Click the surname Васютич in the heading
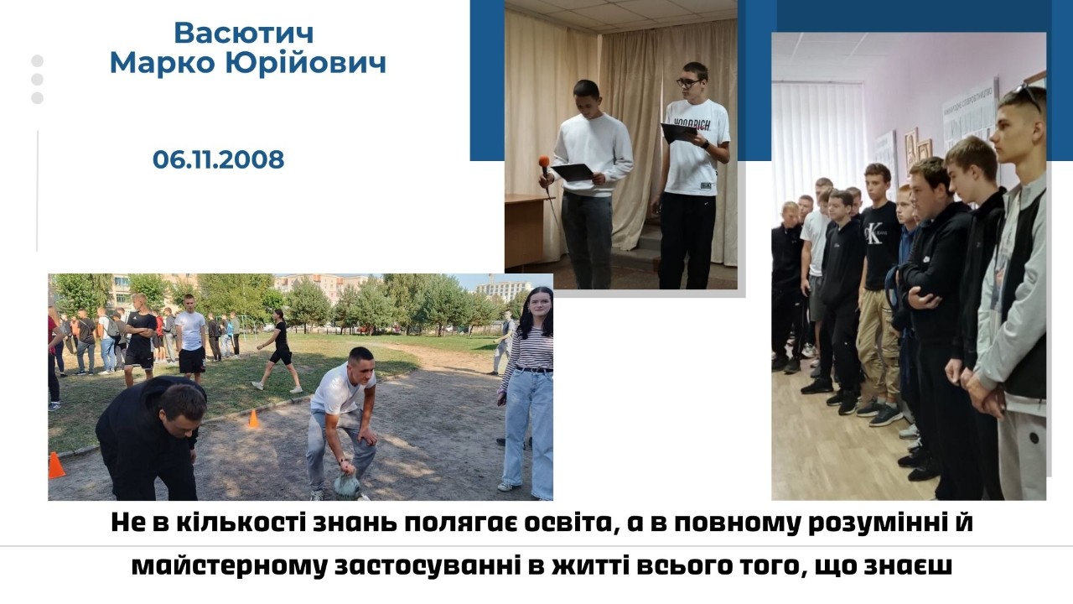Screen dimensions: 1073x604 (x=243, y=33)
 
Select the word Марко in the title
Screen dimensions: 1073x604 (x=163, y=63)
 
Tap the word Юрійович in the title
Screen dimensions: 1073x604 (x=306, y=63)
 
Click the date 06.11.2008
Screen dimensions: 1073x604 (x=219, y=159)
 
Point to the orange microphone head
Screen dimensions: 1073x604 (x=544, y=162)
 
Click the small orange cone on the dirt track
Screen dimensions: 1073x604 (x=253, y=419)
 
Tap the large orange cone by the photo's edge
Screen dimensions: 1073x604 (x=55, y=465)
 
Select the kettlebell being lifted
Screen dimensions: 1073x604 (x=347, y=485)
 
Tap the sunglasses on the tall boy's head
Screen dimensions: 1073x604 (x=1029, y=96)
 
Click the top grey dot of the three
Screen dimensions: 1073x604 (x=38, y=61)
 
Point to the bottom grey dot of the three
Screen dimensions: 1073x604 (x=38, y=98)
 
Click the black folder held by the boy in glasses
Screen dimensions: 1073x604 (x=679, y=133)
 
